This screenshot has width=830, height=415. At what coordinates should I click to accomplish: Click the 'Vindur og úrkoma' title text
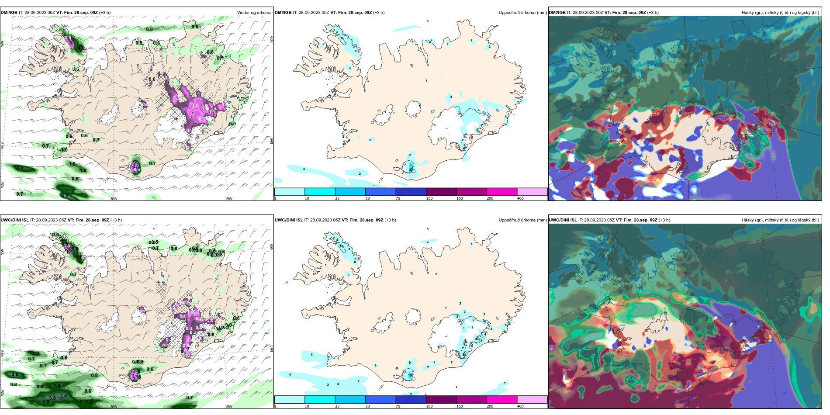pos(254,13)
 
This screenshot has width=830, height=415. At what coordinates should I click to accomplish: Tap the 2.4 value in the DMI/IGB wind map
pos(20,168)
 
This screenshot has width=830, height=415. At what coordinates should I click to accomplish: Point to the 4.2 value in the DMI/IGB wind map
pos(65,196)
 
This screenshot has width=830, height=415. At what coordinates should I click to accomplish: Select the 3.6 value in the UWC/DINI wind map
pos(15,375)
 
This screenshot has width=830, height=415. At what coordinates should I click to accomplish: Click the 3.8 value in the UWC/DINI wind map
pos(52,398)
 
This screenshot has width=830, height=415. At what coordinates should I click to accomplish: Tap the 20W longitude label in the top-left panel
pos(114,199)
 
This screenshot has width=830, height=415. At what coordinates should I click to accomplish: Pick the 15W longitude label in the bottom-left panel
pos(228,407)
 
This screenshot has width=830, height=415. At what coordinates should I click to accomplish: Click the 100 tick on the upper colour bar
pos(429,198)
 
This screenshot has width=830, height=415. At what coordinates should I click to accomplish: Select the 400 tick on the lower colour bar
pos(520,406)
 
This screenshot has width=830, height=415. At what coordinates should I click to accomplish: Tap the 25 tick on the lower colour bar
pos(337,406)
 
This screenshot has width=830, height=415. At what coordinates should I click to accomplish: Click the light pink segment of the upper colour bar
pos(532,192)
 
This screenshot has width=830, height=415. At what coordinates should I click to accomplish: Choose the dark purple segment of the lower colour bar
pos(441,400)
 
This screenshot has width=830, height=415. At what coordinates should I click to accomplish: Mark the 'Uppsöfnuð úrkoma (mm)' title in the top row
pos(522,13)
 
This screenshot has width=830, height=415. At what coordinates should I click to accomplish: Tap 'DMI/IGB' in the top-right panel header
pos(557,13)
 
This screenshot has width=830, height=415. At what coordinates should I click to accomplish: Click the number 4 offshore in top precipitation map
pos(304,169)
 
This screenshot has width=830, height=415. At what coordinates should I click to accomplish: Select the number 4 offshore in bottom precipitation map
pos(290,375)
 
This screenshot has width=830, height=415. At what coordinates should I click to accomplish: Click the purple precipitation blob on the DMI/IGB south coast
pos(136,168)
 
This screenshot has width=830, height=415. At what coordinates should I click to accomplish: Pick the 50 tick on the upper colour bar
pos(367,198)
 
